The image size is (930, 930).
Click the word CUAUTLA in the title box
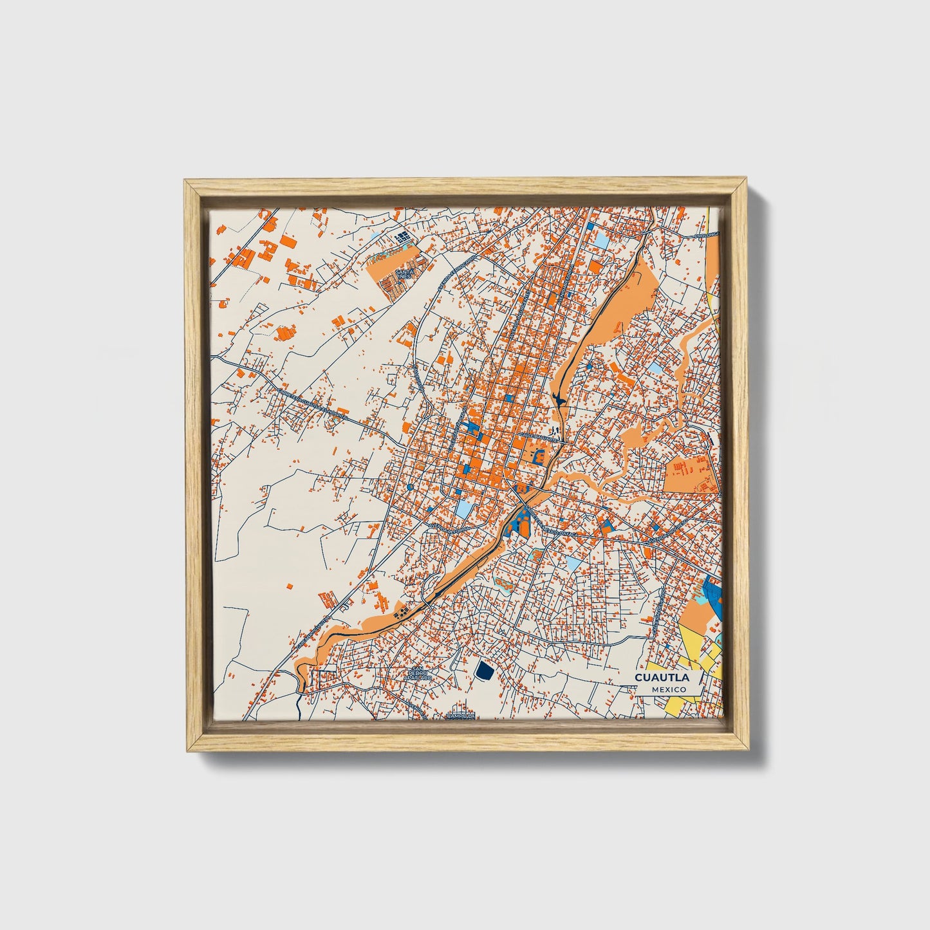(662, 678)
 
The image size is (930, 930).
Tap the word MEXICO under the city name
(667, 689)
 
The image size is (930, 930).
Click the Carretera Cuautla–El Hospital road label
(315, 402)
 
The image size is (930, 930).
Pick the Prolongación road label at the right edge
(708, 236)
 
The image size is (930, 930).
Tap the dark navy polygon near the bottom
(484, 671)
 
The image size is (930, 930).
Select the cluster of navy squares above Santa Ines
(403, 239)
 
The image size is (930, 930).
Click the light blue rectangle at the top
(600, 240)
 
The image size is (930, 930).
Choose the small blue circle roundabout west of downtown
(410, 488)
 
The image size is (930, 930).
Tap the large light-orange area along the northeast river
(621, 302)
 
